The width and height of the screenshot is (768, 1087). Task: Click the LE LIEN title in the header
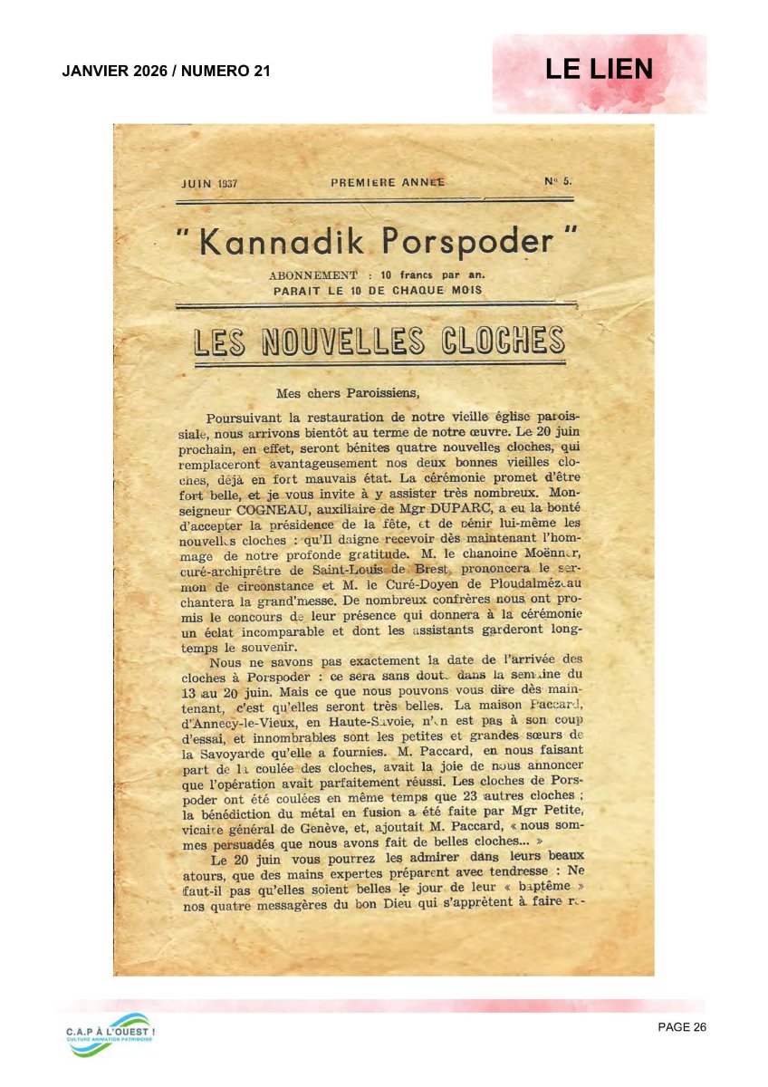point(599,70)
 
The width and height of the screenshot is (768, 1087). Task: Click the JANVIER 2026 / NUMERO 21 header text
point(167,71)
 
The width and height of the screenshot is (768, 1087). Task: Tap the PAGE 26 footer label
point(682,1026)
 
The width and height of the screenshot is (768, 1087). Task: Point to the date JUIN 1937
point(209,183)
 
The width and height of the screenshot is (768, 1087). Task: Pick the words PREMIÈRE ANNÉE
point(387,182)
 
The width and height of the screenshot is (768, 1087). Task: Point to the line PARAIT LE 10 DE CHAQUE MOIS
point(378,291)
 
